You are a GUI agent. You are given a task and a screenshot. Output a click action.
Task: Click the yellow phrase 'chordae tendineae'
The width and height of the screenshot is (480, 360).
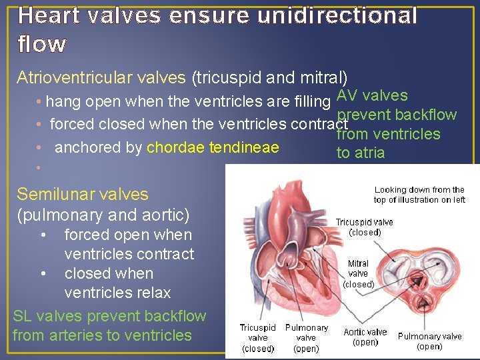tap(213, 147)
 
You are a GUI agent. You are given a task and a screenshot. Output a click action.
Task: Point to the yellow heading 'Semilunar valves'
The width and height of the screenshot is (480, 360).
tap(83, 195)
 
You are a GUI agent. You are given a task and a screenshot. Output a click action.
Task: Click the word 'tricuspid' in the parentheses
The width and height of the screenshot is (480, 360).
tap(229, 78)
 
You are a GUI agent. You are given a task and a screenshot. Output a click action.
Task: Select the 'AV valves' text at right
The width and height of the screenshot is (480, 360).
tap(373, 96)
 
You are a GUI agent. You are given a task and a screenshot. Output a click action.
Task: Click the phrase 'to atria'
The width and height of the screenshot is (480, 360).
tap(361, 153)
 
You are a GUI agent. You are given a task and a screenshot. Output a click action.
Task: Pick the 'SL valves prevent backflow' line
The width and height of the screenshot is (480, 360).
tap(109, 316)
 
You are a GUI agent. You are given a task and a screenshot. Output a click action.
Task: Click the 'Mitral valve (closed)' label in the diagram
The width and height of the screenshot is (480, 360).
tap(358, 273)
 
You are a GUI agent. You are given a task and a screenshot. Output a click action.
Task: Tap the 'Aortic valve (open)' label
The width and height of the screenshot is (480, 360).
tap(365, 337)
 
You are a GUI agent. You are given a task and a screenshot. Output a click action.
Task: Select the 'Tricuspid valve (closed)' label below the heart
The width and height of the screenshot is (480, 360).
tap(258, 338)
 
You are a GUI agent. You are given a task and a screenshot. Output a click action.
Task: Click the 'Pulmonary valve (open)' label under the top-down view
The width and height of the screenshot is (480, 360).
tap(430, 341)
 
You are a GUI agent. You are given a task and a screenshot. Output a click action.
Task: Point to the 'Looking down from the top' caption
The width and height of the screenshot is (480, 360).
tap(419, 195)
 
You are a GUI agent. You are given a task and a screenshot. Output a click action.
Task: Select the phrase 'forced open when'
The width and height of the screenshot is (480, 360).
tap(127, 235)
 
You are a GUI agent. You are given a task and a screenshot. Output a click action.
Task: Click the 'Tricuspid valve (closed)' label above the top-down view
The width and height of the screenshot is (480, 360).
tap(364, 227)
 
